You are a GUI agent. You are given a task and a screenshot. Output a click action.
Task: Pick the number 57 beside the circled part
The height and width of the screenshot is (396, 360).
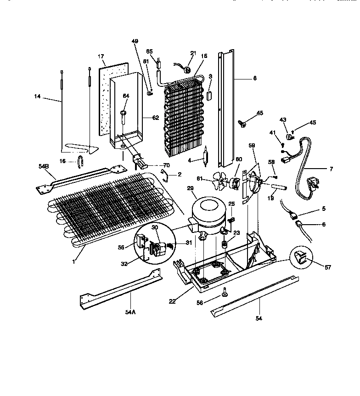click(x=327, y=267)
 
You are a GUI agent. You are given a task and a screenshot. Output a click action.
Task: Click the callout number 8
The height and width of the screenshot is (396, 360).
click(x=254, y=78)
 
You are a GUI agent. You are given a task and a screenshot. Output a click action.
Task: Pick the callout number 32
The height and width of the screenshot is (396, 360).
click(x=124, y=264)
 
